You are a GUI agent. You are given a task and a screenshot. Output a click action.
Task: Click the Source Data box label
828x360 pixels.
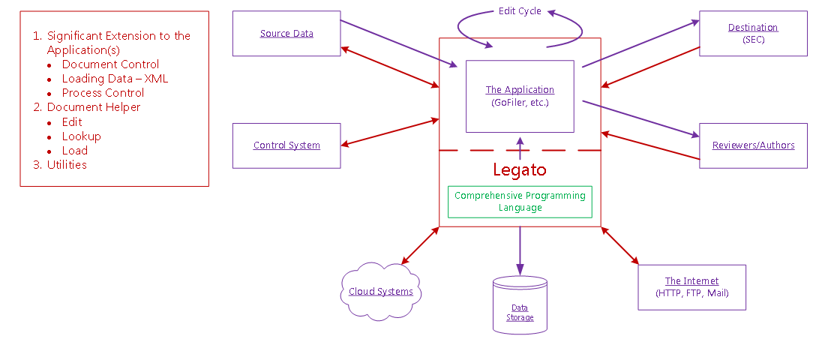[286, 34]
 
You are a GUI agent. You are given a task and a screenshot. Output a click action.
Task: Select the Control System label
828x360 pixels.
[286, 145]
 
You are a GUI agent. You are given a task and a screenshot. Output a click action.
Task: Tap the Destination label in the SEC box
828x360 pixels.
[753, 28]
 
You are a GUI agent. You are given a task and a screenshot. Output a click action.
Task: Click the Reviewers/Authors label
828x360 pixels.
[753, 145]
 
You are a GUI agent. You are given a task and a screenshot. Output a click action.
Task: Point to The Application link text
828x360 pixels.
[520, 90]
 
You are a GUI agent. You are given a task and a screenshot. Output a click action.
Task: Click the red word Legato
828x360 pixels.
[520, 169]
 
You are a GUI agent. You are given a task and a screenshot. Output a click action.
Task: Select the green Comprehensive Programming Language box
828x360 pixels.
[520, 202]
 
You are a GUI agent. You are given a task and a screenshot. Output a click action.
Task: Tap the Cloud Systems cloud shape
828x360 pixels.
[381, 292]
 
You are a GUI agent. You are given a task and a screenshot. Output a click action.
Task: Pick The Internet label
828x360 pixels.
[691, 281]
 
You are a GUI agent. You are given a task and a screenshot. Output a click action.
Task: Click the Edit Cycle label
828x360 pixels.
[520, 11]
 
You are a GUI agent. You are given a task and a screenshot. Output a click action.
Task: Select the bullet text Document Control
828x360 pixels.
[110, 64]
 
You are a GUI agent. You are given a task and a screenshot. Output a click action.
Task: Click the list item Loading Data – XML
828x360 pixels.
[115, 79]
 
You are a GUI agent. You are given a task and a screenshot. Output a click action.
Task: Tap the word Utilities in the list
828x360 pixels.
[67, 164]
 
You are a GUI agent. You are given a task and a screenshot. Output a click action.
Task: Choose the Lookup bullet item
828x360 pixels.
[81, 136]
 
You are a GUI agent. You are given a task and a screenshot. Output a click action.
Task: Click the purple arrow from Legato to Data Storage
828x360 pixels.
[520, 251]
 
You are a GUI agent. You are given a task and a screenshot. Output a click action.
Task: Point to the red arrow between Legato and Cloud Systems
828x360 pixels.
[420, 246]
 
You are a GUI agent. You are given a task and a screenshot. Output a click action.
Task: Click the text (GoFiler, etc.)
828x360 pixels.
[520, 102]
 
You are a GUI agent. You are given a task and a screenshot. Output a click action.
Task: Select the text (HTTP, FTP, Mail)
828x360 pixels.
[691, 293]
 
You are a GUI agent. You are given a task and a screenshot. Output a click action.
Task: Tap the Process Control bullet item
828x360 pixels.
[103, 93]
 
